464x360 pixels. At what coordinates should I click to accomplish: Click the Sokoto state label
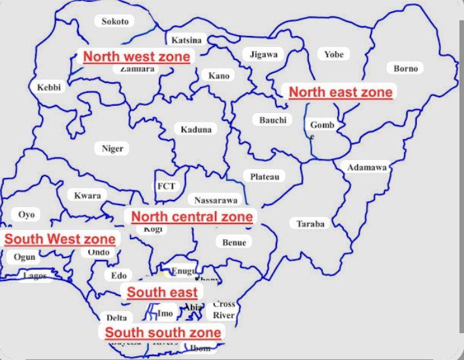115,22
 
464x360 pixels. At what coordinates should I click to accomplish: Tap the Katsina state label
186,40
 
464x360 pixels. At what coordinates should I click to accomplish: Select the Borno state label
405,68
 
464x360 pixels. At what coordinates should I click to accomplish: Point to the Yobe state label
333,54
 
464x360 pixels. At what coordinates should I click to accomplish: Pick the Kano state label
219,76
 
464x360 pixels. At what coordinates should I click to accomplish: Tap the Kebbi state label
48,88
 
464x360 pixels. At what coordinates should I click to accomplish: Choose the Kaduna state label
196,129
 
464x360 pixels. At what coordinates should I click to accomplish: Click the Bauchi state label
273,120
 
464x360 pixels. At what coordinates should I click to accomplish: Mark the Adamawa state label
367,167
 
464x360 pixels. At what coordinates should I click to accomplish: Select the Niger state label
112,148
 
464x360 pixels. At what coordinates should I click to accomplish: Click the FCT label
165,186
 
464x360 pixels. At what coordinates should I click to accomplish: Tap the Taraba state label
310,223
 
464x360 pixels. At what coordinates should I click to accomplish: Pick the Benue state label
234,242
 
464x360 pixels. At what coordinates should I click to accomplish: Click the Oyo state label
26,214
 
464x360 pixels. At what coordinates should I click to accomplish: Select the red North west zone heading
137,57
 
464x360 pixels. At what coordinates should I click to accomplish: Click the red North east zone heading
340,92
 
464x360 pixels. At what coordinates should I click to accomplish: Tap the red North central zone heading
192,217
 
